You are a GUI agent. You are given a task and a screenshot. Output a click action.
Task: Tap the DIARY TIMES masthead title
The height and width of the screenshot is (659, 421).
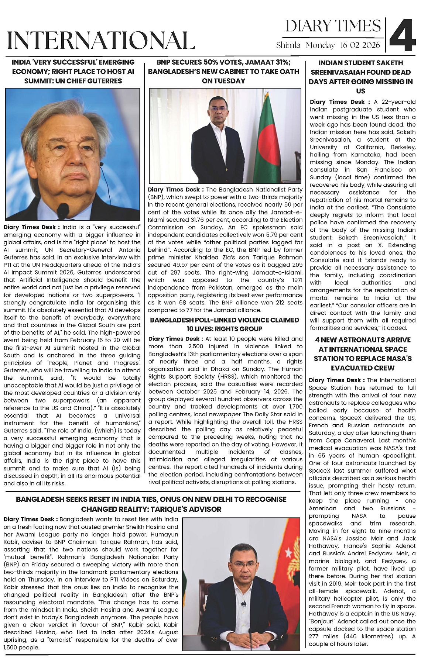(333, 26)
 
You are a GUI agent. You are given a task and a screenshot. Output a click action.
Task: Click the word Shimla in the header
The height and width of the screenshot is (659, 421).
(288, 45)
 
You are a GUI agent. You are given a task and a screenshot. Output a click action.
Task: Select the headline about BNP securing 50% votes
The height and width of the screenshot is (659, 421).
(223, 72)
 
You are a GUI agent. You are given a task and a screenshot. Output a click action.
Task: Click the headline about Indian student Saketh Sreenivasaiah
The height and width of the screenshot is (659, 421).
(360, 77)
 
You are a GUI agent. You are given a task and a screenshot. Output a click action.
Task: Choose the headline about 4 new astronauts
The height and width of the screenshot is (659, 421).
(362, 353)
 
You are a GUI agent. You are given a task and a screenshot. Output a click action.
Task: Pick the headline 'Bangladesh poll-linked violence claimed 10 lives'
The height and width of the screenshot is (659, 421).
(224, 324)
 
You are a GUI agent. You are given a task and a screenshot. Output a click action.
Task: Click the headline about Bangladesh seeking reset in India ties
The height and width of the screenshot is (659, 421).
(151, 504)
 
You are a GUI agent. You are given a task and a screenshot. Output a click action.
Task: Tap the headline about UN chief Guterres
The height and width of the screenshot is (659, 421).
(73, 72)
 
